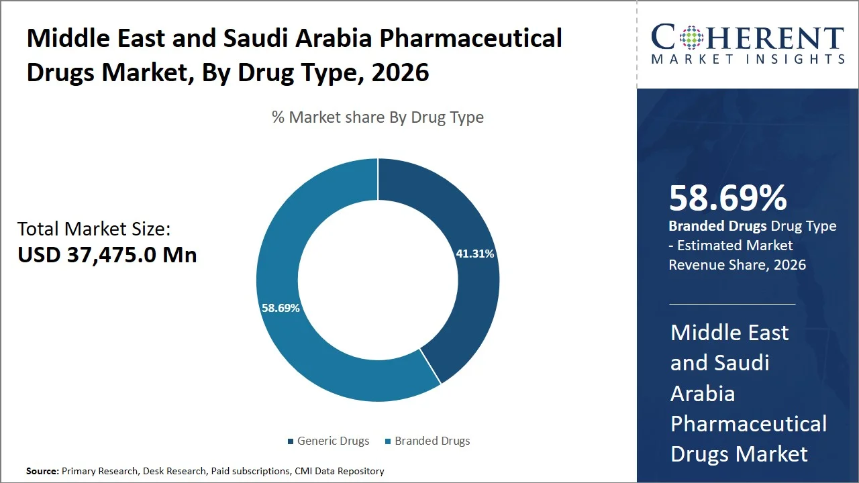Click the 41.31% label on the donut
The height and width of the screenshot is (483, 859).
(x=474, y=254)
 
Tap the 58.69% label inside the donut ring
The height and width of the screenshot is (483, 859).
(x=281, y=308)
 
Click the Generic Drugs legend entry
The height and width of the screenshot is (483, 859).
(x=328, y=441)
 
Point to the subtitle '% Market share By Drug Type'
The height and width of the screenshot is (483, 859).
(x=377, y=117)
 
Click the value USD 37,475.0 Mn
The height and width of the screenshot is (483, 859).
(x=107, y=255)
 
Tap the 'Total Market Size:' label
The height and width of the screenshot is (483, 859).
(x=94, y=229)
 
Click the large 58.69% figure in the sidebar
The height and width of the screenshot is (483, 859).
(x=727, y=198)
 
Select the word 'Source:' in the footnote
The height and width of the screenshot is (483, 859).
(x=42, y=472)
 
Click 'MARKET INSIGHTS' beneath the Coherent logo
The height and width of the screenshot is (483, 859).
(x=748, y=60)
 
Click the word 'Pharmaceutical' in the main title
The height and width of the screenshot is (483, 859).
(x=470, y=38)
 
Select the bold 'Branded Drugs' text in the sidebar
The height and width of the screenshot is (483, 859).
(x=717, y=226)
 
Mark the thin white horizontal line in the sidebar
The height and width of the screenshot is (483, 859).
(x=731, y=304)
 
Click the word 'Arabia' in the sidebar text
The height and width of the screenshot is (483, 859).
(x=702, y=393)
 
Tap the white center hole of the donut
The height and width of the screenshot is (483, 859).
(x=378, y=280)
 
